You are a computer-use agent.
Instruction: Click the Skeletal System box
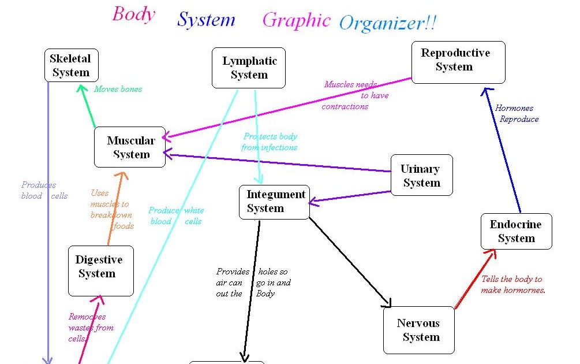tap(71, 65)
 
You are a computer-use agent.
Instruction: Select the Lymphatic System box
tap(249, 68)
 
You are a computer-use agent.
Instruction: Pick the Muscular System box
tap(130, 147)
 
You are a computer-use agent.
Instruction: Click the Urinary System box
tap(421, 175)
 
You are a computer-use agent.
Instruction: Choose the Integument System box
tap(275, 202)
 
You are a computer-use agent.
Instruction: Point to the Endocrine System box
tap(516, 231)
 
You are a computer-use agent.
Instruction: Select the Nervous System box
tap(418, 330)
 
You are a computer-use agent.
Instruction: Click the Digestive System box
tap(100, 266)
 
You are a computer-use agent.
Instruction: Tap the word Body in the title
tap(133, 14)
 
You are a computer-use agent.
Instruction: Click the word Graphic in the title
tap(296, 20)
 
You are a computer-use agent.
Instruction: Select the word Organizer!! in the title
tap(387, 23)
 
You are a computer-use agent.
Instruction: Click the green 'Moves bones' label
tap(118, 89)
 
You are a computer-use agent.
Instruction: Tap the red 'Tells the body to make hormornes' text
tap(513, 284)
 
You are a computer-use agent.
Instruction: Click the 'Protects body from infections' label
tap(270, 142)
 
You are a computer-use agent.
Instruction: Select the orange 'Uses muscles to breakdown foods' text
tap(111, 209)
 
